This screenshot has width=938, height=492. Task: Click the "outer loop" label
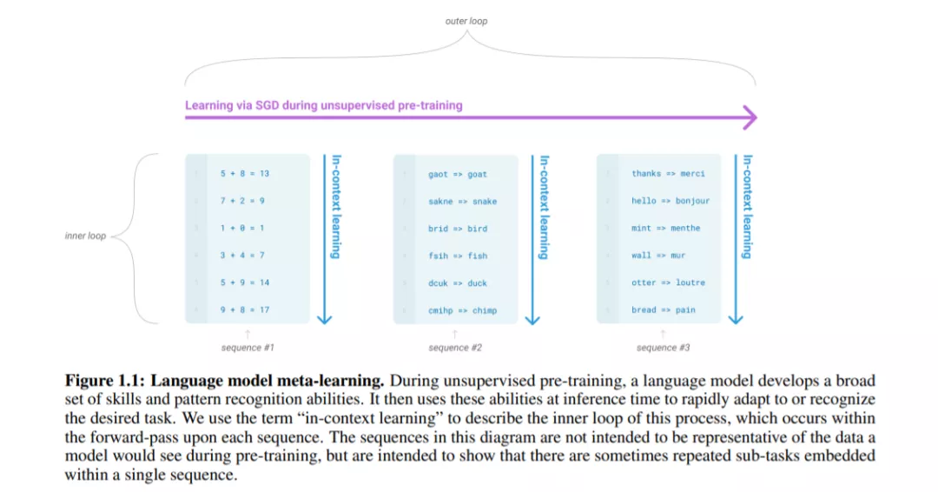(x=466, y=21)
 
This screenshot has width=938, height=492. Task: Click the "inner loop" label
(x=85, y=236)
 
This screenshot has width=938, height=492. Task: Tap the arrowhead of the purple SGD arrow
(x=750, y=117)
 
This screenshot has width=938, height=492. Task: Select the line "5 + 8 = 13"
(x=244, y=173)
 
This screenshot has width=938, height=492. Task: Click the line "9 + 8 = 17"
(x=244, y=309)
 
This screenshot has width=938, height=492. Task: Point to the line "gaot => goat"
(x=458, y=174)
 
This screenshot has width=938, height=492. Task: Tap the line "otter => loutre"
(x=668, y=283)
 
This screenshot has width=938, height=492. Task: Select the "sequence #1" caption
(x=248, y=348)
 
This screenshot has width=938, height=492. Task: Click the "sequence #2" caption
(x=455, y=348)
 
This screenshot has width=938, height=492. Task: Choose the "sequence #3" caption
(x=663, y=348)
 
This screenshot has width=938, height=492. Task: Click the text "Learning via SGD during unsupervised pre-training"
(x=323, y=105)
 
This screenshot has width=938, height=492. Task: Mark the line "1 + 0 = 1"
(x=241, y=228)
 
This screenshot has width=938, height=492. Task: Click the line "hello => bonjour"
(x=670, y=201)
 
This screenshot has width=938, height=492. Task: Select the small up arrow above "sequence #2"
(x=455, y=334)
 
